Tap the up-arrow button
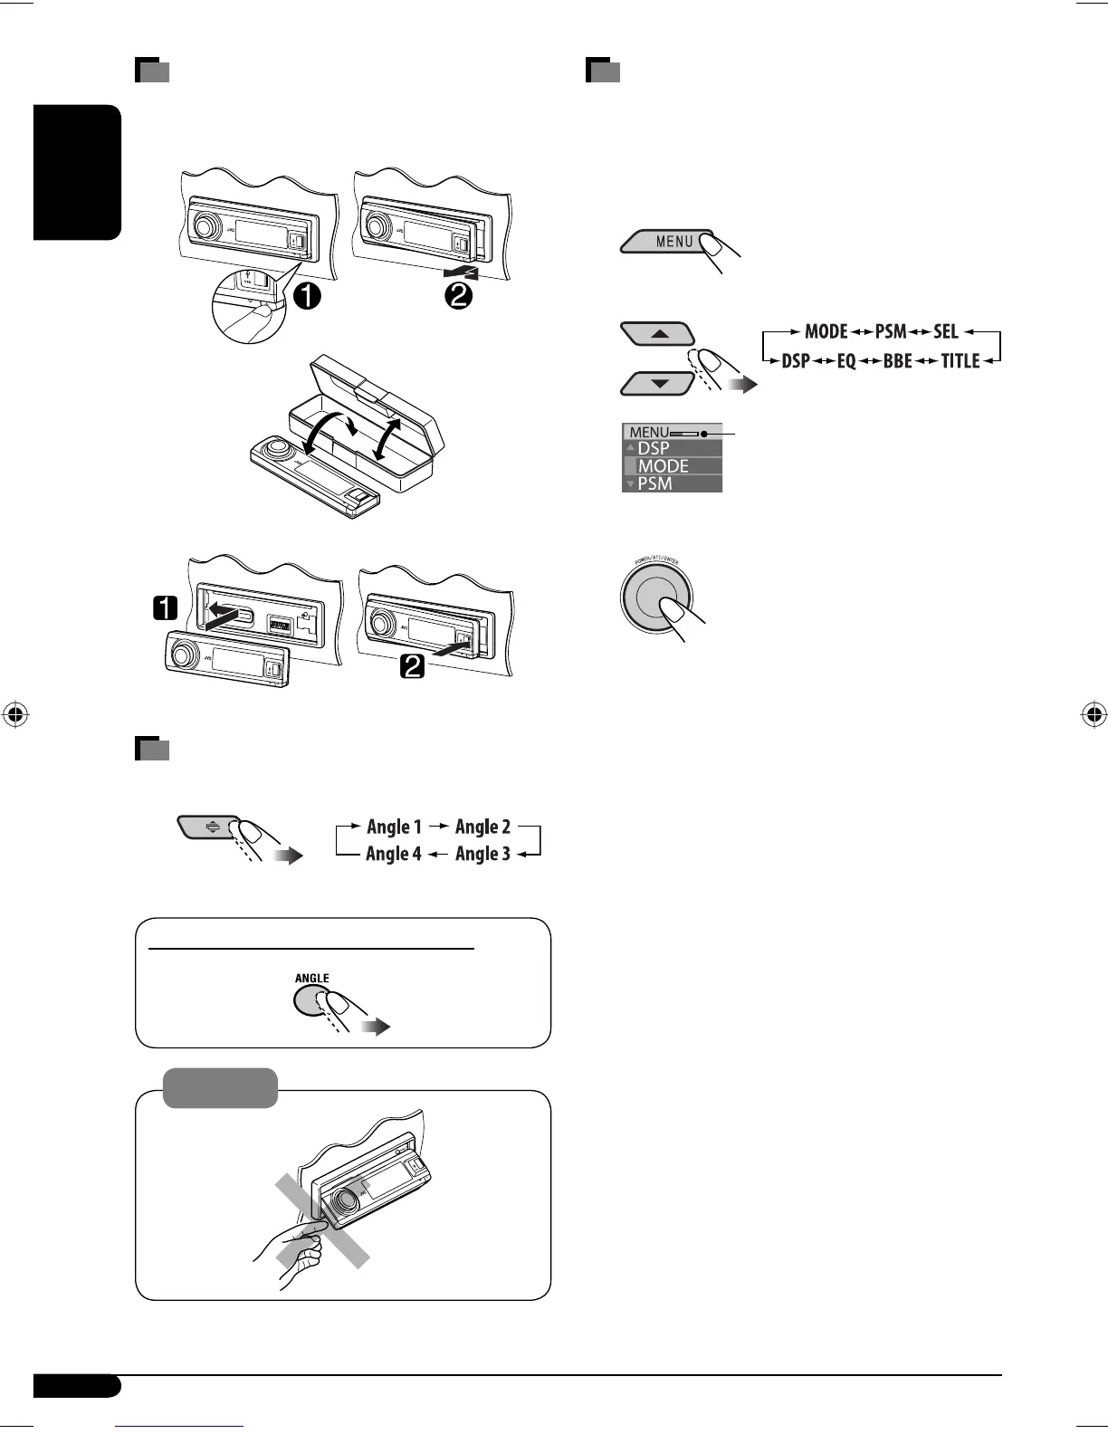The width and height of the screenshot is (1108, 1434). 658,334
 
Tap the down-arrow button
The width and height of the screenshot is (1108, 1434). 658,383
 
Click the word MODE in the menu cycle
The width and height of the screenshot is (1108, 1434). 826,331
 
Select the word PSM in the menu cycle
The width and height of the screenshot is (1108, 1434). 890,331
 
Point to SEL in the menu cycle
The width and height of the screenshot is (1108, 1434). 945,331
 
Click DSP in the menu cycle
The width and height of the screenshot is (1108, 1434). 796,361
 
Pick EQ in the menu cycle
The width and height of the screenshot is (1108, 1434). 845,361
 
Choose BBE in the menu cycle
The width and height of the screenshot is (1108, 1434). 897,361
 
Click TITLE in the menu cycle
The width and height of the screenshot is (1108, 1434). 960,361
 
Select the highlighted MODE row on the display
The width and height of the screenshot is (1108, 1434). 672,466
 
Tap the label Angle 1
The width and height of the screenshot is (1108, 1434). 394,827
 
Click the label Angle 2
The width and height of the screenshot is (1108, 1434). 482,827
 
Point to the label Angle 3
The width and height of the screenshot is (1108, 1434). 482,854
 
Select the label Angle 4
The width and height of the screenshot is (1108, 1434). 394,854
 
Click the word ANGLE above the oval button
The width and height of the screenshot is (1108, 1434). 312,978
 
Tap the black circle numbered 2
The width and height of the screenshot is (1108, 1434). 458,295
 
